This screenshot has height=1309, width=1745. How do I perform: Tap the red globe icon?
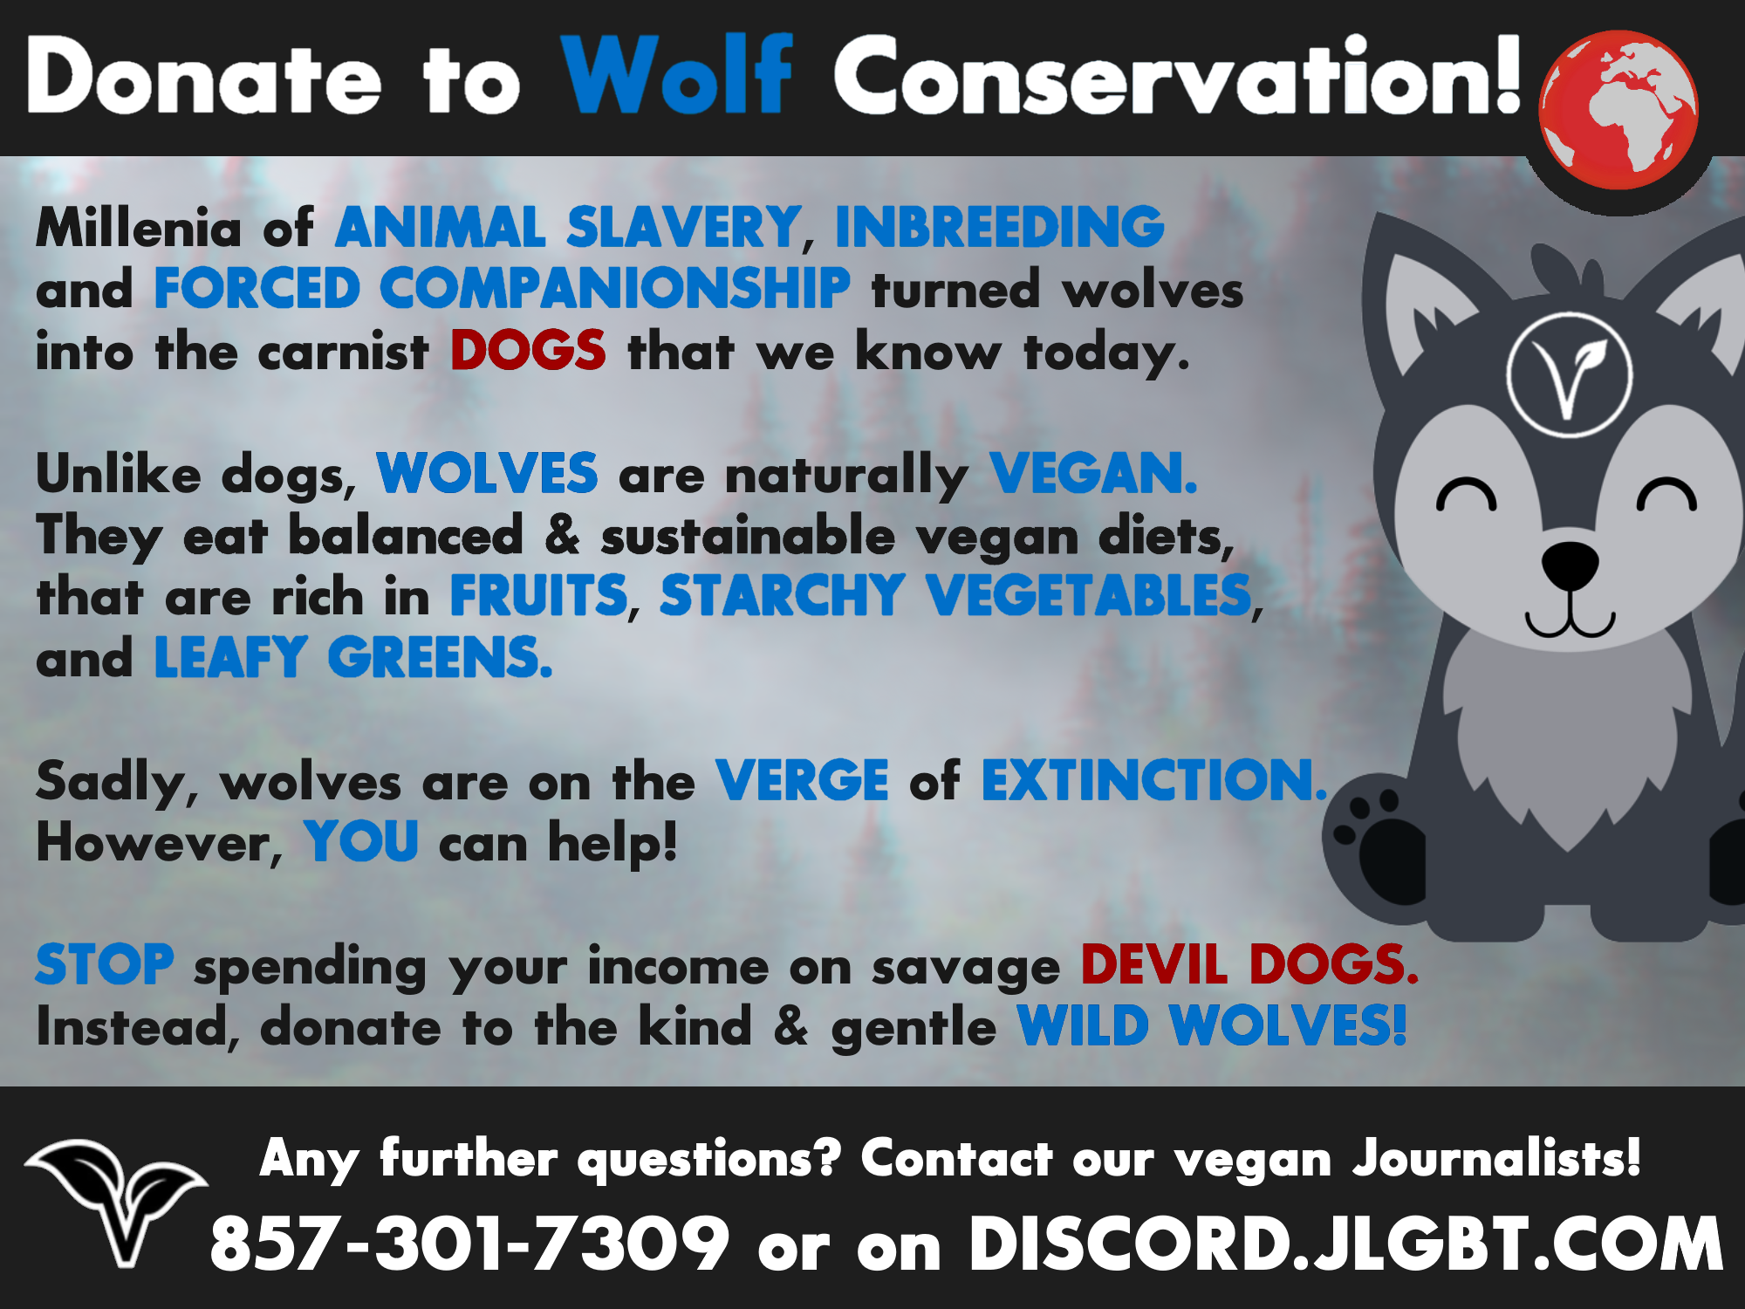coord(1618,110)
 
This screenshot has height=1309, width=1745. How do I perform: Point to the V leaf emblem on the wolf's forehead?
coord(1570,374)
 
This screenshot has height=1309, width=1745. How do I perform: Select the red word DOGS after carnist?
coord(528,351)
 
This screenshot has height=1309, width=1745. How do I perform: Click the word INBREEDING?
coord(1000,227)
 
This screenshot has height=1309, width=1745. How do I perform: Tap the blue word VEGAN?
coord(1093,474)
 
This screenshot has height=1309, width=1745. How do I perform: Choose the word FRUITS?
coord(538,595)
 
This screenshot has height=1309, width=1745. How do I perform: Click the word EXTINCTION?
coord(1153,779)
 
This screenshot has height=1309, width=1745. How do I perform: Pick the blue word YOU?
coord(361,841)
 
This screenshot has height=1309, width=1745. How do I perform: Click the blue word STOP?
coord(105,964)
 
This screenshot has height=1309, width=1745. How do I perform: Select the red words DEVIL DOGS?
coord(1249,964)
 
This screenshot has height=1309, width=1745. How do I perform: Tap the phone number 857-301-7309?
coord(469,1244)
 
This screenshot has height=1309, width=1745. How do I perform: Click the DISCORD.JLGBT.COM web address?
coord(1345,1244)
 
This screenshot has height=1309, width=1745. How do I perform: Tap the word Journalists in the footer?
coord(1496,1158)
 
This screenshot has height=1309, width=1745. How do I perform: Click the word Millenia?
coord(138,228)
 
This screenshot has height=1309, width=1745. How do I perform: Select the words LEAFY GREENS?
coord(353,657)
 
